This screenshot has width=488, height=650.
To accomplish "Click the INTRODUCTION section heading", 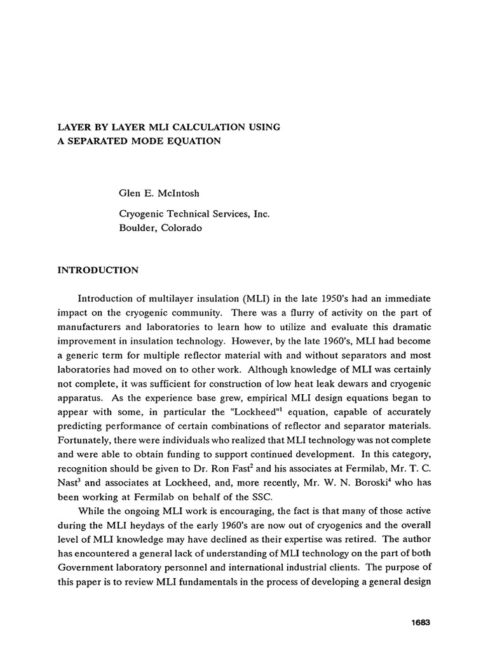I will tap(98, 270).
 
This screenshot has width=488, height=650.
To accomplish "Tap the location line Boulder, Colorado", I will tap(156, 229).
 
